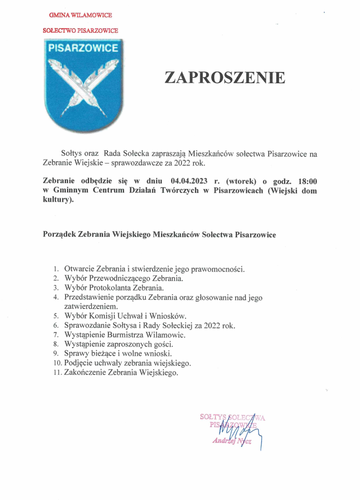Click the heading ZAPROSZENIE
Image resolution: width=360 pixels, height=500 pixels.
(x=225, y=78)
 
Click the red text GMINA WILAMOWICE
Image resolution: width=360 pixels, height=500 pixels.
(x=80, y=16)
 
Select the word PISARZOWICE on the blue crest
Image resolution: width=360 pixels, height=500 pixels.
(x=83, y=48)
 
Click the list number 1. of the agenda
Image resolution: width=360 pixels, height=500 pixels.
(x=56, y=269)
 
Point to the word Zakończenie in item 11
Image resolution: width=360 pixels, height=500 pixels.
(x=86, y=373)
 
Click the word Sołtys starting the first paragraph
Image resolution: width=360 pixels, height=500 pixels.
(x=71, y=152)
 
